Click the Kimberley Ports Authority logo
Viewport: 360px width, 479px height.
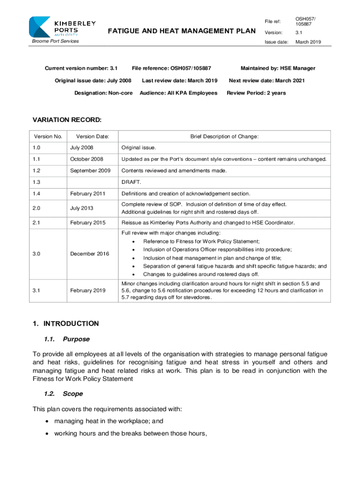(x=62, y=27)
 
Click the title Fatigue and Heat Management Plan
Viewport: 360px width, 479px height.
(x=181, y=31)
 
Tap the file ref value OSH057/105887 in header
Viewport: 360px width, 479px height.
(x=305, y=22)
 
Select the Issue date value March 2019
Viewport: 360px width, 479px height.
(x=308, y=42)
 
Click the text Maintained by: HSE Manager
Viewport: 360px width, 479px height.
(x=278, y=68)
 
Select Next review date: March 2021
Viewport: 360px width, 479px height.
(x=266, y=80)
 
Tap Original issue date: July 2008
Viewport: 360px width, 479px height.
(x=93, y=80)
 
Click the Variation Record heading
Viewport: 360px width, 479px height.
(x=67, y=120)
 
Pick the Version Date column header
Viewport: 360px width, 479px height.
(x=93, y=137)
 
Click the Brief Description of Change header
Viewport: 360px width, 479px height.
(x=224, y=137)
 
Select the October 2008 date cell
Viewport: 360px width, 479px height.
(x=86, y=159)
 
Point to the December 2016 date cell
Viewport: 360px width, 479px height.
(x=90, y=254)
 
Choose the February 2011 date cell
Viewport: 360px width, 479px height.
(x=88, y=194)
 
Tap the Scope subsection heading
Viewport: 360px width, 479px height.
(x=73, y=394)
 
